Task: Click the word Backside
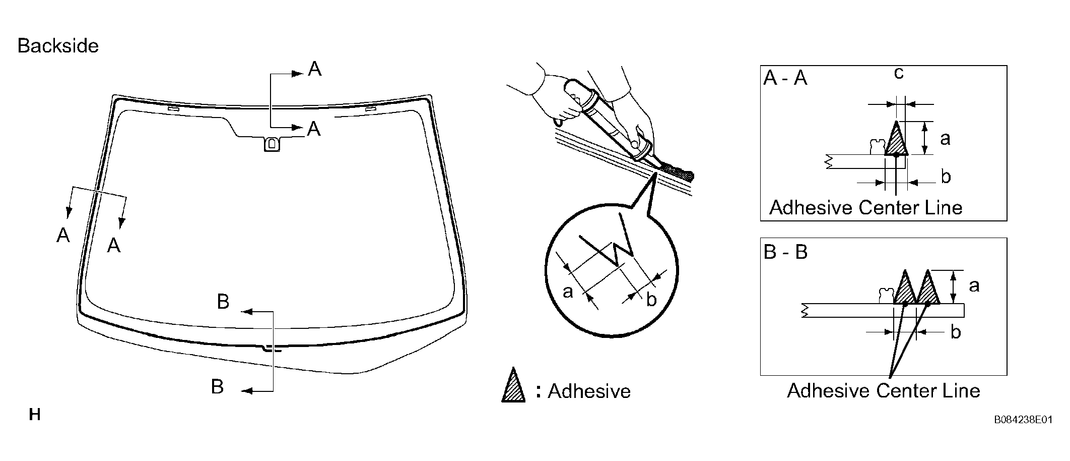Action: click(58, 46)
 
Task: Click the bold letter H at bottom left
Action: click(35, 415)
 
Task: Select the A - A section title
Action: click(785, 78)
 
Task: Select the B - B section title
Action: click(786, 251)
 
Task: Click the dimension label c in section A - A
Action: click(898, 74)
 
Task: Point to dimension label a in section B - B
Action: click(974, 286)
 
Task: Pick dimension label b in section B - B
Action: click(955, 332)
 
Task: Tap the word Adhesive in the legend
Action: click(589, 391)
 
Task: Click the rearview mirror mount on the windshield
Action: click(272, 144)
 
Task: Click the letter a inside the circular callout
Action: click(568, 292)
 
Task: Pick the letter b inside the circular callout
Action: click(651, 300)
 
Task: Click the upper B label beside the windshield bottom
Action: click(223, 302)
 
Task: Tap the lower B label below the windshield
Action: click(217, 387)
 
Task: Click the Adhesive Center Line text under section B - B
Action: click(884, 390)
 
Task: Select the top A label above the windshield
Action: click(314, 69)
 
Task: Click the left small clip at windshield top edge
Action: click(173, 108)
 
